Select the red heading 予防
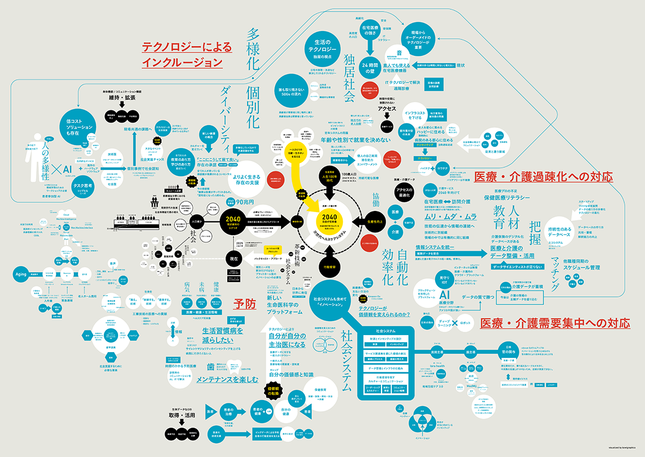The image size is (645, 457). click(244, 304)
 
